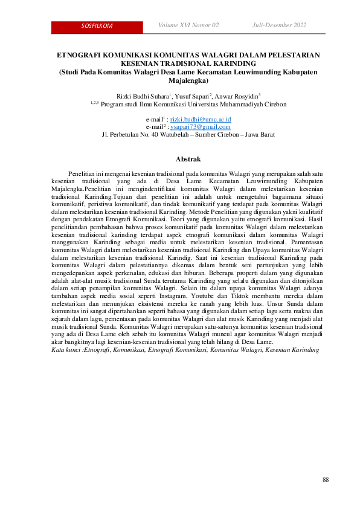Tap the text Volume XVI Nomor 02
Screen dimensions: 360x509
pyautogui.click(x=188, y=25)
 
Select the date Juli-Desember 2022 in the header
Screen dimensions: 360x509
pyautogui.click(x=279, y=25)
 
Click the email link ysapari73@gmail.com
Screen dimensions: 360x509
pyautogui.click(x=200, y=127)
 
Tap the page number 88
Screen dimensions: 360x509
pyautogui.click(x=326, y=479)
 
